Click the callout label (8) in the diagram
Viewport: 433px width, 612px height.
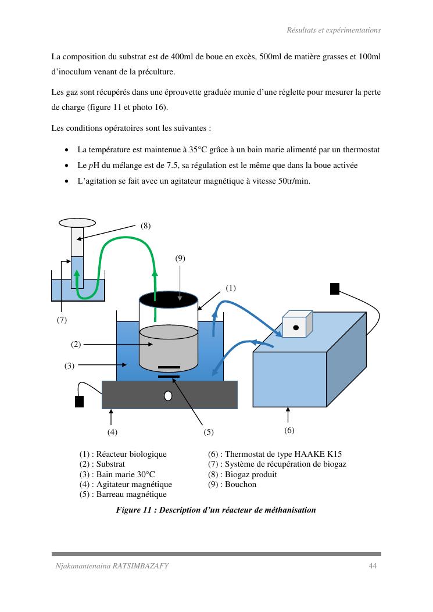(146, 226)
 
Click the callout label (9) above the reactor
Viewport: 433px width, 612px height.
(180, 259)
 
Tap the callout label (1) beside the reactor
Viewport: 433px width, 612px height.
(231, 288)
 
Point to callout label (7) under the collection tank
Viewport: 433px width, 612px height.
(62, 320)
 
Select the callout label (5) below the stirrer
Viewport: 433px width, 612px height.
(209, 432)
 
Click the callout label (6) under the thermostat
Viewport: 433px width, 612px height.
(289, 430)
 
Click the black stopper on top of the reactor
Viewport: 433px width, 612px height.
(169, 299)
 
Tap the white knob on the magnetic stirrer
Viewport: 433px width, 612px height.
(169, 396)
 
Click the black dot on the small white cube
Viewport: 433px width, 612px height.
(296, 327)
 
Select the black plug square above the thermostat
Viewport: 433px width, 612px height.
(335, 289)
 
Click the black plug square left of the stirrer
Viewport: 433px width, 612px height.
(79, 401)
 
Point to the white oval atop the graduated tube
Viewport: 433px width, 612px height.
(77, 223)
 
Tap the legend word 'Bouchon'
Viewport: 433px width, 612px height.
(241, 484)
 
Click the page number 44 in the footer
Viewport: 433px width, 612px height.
(373, 566)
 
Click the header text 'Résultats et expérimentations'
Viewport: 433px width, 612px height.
(334, 30)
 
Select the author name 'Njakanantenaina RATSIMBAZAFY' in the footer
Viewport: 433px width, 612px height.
(112, 566)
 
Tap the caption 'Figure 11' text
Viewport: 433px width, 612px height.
(134, 510)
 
